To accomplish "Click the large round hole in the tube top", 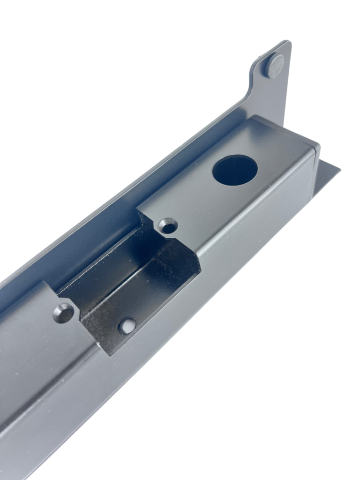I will tap(235, 170).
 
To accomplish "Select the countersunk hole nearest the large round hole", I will tap(168, 226).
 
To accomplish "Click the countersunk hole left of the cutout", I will tap(64, 313).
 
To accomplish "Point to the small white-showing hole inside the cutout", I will tap(127, 326).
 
